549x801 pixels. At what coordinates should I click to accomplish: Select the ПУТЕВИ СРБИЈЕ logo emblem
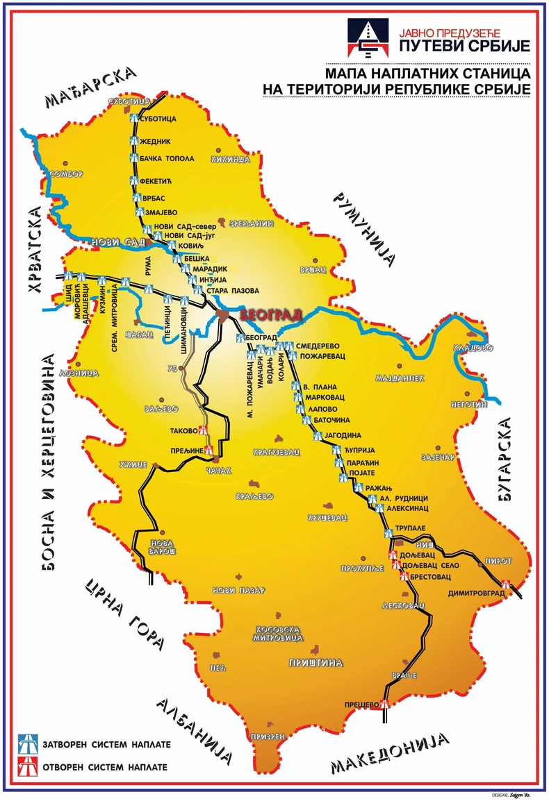click(x=366, y=40)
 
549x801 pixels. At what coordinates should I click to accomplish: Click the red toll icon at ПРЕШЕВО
click(x=385, y=705)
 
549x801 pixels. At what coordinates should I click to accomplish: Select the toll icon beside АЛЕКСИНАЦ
click(x=379, y=508)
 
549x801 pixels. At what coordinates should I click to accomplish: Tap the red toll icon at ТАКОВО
click(x=202, y=430)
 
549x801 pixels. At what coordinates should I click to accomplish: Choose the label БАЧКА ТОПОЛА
click(x=167, y=159)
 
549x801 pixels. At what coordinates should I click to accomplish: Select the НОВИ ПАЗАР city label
click(x=238, y=590)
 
